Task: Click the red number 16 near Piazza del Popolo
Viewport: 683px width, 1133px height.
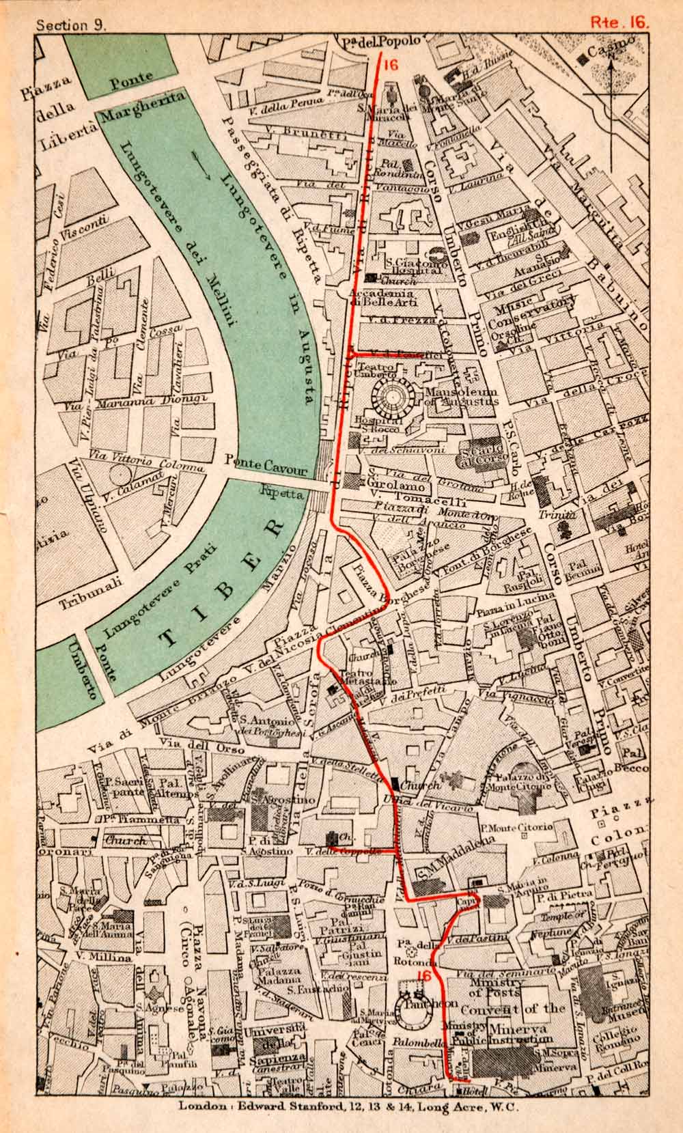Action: coord(390,66)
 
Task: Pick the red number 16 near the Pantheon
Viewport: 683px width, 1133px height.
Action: coord(423,976)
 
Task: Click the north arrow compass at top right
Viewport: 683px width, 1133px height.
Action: coord(610,87)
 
